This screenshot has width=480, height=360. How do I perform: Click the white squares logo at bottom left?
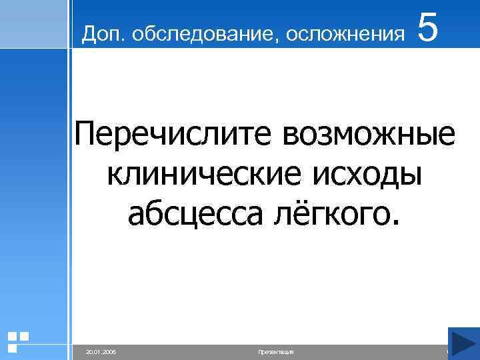(x=17, y=341)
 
